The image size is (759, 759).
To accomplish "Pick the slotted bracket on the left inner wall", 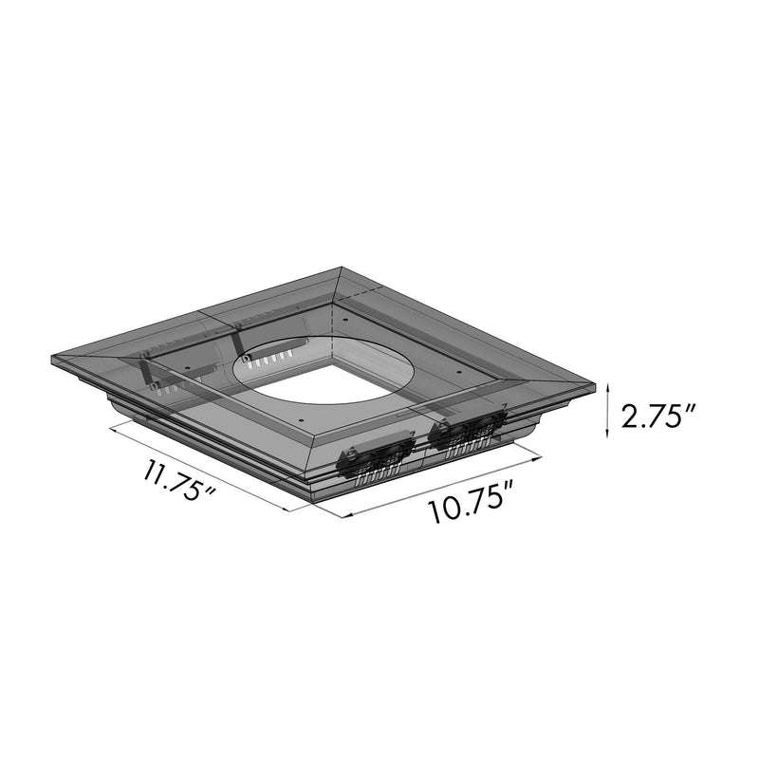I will [152, 375].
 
